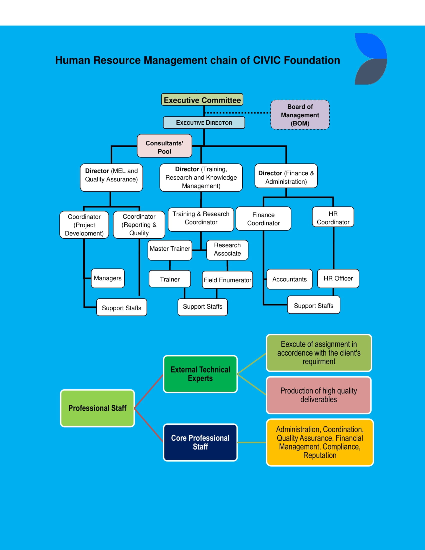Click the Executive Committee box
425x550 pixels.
202,100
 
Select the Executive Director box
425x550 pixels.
204,123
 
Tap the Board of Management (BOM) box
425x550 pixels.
300,115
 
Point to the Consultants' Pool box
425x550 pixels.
164,146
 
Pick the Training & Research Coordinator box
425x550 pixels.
201,218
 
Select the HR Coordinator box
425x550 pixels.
333,217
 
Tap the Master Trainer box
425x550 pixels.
170,250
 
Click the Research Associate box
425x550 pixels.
227,250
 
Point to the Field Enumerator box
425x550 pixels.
227,280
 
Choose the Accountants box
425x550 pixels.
289,279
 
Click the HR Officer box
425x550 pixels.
338,278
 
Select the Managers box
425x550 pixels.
107,278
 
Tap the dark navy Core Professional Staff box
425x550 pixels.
200,442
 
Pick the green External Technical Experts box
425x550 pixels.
200,374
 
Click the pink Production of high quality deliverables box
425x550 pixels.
318,395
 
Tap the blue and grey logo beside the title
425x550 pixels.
370,59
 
